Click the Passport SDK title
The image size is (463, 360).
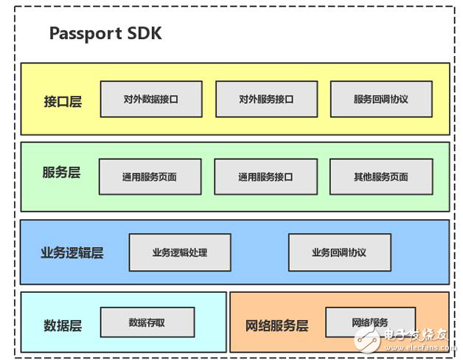105,33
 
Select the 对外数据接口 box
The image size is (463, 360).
151,99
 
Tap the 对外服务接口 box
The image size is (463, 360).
266,99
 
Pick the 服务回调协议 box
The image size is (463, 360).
381,99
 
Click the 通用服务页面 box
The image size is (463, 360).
150,177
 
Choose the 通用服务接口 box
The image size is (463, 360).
265,177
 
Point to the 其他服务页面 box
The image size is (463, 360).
380,177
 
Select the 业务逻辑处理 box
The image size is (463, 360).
180,252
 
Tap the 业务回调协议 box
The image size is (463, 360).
339,252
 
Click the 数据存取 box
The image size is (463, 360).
147,322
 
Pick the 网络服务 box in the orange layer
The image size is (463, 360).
370,322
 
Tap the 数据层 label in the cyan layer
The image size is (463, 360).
63,325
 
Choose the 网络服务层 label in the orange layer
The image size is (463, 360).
276,325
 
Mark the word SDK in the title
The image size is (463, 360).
145,33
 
